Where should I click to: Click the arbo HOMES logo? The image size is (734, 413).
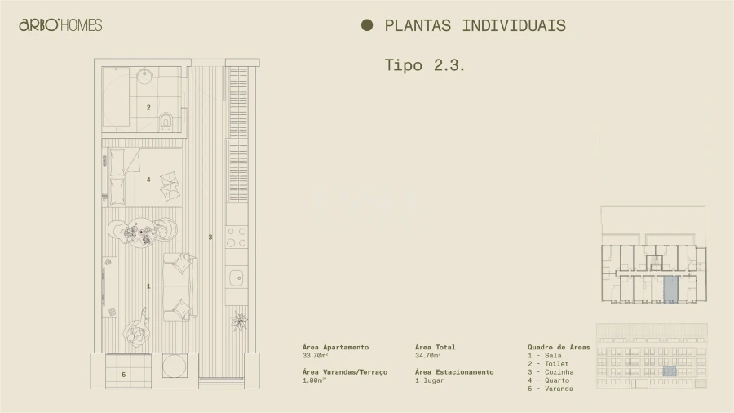tap(60, 25)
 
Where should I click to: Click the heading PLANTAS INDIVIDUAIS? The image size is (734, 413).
tap(475, 25)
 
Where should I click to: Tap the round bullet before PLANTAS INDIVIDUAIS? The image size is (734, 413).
tap(367, 25)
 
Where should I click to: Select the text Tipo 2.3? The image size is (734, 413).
tap(425, 65)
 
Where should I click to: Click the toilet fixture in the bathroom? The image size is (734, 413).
tap(166, 121)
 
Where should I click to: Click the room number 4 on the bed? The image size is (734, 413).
tap(148, 179)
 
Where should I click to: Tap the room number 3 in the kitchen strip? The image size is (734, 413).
tap(210, 238)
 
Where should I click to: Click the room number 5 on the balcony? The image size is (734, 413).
tap(124, 375)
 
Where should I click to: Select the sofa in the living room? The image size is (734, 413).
tap(179, 286)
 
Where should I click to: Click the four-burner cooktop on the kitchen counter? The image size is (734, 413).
tap(237, 237)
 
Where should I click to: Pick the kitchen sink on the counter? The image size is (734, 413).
tap(237, 277)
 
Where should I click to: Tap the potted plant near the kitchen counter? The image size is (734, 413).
tap(239, 320)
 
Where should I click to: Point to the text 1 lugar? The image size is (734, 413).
tap(429, 380)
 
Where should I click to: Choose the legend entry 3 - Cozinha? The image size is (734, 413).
tap(550, 372)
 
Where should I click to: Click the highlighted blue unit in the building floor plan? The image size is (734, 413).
tap(670, 289)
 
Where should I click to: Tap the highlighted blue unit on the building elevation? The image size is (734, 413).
tap(669, 371)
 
